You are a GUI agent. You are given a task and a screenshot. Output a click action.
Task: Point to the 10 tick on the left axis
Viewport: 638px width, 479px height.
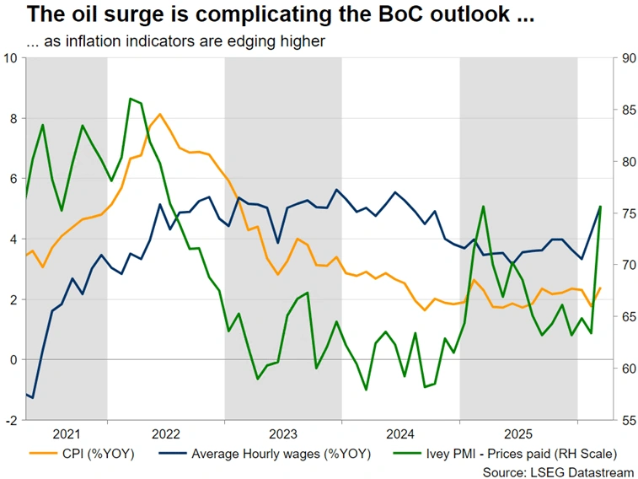pos(11,57)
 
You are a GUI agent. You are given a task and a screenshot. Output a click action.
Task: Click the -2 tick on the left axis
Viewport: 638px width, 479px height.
pos(11,420)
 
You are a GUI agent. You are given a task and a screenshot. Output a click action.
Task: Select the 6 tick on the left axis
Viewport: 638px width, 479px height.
pos(13,179)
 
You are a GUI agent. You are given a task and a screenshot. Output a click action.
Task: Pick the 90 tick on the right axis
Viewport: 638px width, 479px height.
pos(628,57)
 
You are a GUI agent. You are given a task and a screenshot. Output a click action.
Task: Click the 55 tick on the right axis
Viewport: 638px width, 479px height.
pos(628,420)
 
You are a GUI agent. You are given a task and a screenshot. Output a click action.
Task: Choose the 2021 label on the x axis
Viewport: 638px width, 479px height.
pos(67,434)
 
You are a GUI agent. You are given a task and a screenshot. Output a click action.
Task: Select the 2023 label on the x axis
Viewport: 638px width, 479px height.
pos(282,434)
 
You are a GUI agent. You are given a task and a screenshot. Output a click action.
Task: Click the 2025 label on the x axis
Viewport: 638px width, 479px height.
pos(518,434)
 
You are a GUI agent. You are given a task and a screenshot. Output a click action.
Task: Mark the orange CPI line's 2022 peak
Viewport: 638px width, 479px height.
pos(160,114)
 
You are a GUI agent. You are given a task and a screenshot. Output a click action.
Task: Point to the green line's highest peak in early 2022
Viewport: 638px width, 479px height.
pos(131,99)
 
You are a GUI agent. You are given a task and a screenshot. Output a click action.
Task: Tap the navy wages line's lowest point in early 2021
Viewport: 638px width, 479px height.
pos(32,396)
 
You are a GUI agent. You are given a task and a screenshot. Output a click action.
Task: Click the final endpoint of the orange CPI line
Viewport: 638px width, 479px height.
pos(600,288)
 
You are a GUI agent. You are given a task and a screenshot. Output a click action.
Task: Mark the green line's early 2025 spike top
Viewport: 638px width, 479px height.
pos(483,206)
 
